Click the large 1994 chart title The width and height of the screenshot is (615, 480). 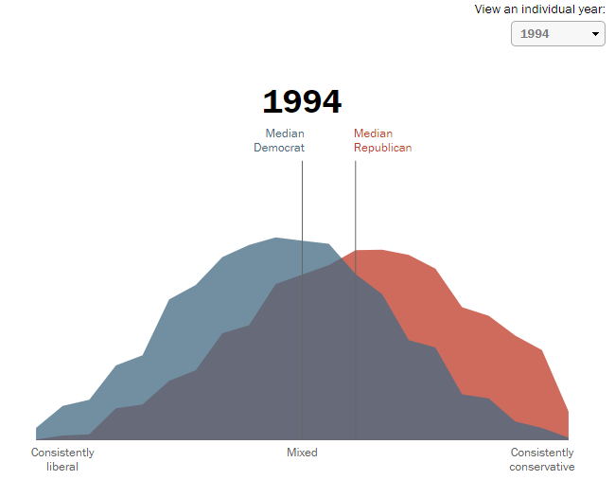302,102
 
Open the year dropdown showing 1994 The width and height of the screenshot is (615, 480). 557,34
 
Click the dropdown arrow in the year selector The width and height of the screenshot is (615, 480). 596,34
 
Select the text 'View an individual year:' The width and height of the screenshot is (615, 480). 540,9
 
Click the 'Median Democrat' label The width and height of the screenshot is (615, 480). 279,140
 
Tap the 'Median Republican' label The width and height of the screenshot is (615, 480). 383,140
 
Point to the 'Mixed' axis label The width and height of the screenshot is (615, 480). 302,453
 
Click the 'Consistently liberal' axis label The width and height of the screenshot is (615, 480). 62,459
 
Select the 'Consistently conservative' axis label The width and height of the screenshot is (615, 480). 542,459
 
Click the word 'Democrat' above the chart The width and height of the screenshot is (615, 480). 279,148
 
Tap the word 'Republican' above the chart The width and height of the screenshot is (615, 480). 383,148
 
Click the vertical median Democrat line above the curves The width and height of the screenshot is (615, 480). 303,199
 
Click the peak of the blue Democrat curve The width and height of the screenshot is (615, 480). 275,239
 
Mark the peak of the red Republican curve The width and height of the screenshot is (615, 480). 370,251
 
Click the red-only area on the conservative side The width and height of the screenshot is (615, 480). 492,350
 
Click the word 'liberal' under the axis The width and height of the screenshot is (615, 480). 62,467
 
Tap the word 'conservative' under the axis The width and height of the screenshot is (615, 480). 542,467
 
